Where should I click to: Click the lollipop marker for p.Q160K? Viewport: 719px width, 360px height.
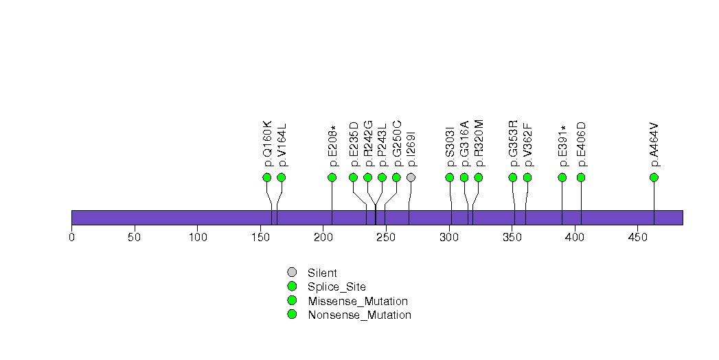click(x=267, y=177)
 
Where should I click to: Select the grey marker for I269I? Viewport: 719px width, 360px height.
click(x=411, y=177)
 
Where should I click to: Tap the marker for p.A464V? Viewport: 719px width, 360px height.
click(x=654, y=177)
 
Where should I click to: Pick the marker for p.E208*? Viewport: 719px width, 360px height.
click(x=332, y=177)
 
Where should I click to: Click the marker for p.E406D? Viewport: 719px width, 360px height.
click(x=581, y=177)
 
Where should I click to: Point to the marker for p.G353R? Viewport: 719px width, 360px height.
click(x=513, y=177)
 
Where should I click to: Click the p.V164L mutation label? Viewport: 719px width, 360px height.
click(x=282, y=145)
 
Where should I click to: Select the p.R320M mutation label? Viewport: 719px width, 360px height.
click(x=479, y=144)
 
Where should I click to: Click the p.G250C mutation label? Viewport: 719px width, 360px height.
click(x=397, y=144)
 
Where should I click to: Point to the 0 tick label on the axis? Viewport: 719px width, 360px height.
click(x=71, y=238)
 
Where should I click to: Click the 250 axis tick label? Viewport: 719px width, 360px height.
click(x=386, y=238)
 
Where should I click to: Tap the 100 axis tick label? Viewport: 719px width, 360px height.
click(x=197, y=238)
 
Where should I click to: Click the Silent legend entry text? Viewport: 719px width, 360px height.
click(x=322, y=273)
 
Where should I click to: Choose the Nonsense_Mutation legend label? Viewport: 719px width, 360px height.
click(x=359, y=315)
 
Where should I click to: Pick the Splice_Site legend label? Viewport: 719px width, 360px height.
click(x=336, y=287)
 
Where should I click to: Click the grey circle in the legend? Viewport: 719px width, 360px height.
click(x=292, y=273)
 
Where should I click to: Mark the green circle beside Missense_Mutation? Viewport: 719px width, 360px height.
click(x=292, y=301)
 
